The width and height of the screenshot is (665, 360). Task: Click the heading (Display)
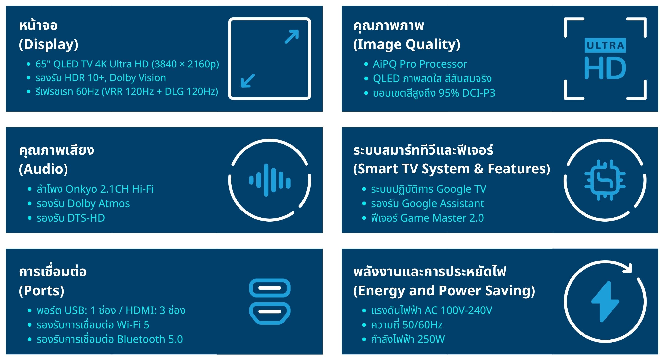click(x=49, y=44)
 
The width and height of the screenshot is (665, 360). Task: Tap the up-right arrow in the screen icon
click(x=292, y=37)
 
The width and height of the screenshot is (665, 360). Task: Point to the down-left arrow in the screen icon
click(x=248, y=81)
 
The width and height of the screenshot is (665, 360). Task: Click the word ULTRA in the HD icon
click(x=605, y=46)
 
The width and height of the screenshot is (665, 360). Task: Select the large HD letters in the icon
click(x=605, y=68)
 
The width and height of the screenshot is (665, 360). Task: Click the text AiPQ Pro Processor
click(x=420, y=64)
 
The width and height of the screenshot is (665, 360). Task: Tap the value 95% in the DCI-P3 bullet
click(x=449, y=93)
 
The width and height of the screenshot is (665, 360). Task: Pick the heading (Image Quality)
click(x=407, y=44)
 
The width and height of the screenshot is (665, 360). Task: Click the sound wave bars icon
click(x=269, y=180)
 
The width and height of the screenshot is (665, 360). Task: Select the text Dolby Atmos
click(x=99, y=203)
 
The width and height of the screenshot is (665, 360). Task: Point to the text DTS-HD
click(x=86, y=218)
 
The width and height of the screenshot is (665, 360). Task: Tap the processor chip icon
click(x=605, y=180)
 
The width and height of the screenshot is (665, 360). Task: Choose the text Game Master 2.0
click(x=442, y=218)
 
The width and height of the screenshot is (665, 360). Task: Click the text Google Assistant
click(x=443, y=203)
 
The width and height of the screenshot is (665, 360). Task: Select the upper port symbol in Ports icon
click(x=269, y=288)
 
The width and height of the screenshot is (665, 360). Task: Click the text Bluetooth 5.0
click(x=150, y=339)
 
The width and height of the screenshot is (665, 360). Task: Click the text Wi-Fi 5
click(x=133, y=325)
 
